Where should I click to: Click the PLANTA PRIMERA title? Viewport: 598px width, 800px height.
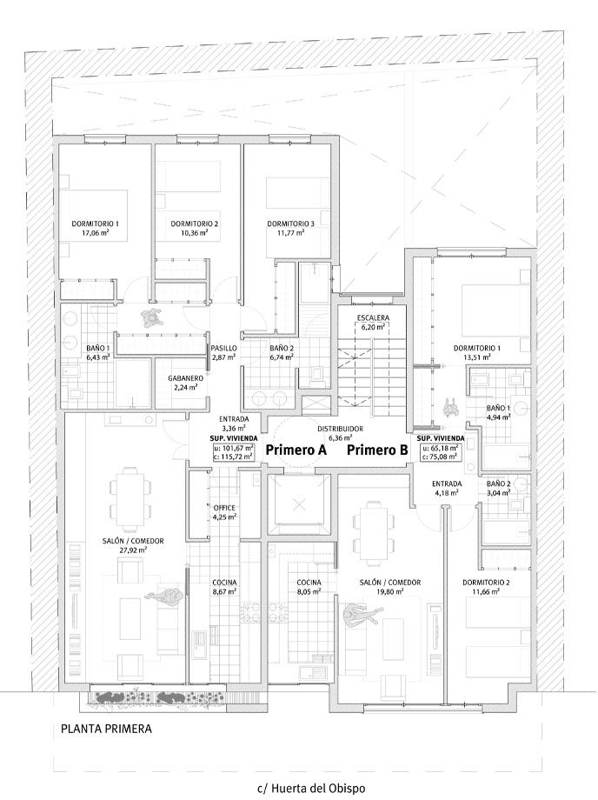(106, 728)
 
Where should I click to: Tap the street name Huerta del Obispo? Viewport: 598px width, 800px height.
(318, 789)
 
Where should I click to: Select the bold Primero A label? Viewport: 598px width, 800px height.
(296, 450)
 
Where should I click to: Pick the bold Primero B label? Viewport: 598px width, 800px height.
(378, 450)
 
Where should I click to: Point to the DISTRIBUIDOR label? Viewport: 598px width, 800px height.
(341, 429)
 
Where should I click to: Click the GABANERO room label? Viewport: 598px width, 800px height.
(185, 378)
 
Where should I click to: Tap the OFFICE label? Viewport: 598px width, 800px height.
(224, 508)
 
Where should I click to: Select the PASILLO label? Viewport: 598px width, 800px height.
(224, 348)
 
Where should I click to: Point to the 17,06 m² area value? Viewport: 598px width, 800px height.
(96, 233)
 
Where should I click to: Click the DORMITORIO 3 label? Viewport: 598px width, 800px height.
(290, 223)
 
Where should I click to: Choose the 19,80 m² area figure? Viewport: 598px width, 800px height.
(390, 592)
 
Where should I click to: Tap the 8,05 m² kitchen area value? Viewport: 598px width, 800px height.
(309, 592)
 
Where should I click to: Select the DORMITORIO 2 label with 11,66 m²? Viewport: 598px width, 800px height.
(486, 582)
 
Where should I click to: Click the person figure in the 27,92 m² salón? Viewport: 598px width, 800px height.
(163, 597)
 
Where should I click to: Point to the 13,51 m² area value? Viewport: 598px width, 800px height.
(476, 357)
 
